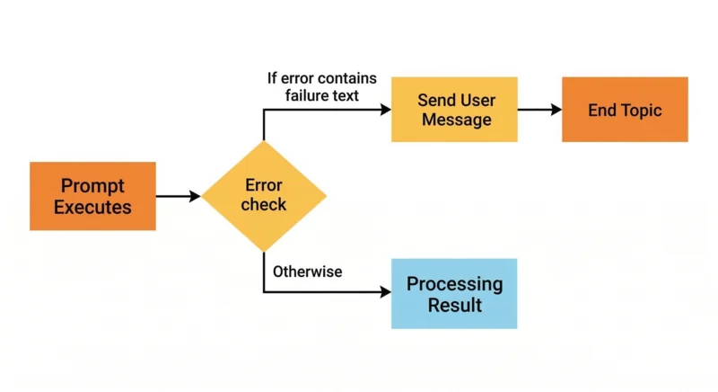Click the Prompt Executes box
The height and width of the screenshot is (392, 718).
(x=92, y=196)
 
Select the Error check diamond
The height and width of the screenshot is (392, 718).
(x=264, y=195)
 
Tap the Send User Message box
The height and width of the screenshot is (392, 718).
(x=454, y=110)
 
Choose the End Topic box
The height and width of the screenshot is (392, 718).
(x=625, y=110)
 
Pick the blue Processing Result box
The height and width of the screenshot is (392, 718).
(x=454, y=294)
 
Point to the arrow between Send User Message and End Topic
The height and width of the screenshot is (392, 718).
(x=539, y=110)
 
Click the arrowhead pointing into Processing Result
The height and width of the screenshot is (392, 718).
(x=386, y=293)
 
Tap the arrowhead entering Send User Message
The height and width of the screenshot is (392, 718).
(x=386, y=110)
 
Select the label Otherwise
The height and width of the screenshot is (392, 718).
(x=307, y=271)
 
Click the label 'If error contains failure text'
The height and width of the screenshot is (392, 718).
(x=321, y=85)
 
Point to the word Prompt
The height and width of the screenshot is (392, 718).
(x=92, y=186)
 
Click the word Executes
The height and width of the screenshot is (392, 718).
(x=92, y=207)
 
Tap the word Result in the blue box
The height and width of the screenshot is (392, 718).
(x=454, y=305)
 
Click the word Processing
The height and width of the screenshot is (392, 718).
(x=454, y=284)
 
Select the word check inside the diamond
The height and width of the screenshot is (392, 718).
(x=264, y=205)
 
